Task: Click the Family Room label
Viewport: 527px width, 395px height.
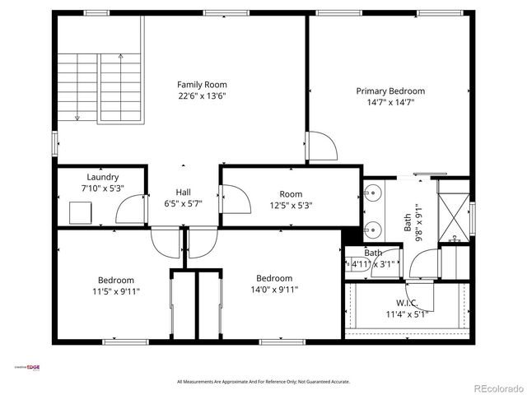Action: click(202, 84)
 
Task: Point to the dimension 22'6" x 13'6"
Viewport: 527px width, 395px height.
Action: click(202, 96)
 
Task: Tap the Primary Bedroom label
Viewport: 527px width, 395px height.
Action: click(390, 91)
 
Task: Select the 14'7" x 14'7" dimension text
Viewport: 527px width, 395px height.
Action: click(390, 103)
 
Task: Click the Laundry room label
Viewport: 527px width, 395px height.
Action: click(103, 177)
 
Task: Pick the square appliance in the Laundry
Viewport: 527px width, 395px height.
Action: click(81, 212)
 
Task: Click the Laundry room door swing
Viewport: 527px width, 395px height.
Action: click(132, 211)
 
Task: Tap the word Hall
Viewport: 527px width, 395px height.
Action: click(183, 192)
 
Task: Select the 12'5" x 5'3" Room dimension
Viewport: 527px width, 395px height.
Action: click(291, 206)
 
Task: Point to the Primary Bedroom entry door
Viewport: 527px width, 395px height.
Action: click(322, 146)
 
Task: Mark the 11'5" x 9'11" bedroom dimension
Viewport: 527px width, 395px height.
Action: click(115, 290)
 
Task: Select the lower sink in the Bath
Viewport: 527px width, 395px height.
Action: click(372, 228)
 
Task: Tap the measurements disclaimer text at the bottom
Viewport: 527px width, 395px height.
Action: click(263, 382)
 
